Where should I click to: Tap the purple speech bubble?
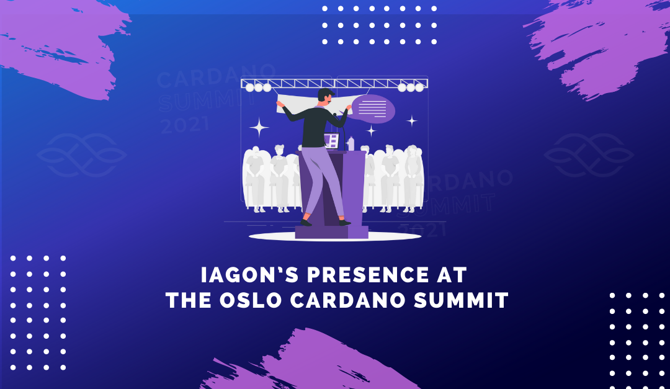pyautogui.click(x=373, y=109)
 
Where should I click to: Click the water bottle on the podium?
pyautogui.click(x=351, y=143)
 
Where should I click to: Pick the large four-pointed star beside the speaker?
pyautogui.click(x=259, y=128)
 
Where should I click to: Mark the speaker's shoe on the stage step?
pyautogui.click(x=306, y=222)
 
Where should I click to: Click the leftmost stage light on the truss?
pyautogui.click(x=250, y=87)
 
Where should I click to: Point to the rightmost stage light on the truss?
pyautogui.click(x=419, y=87)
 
